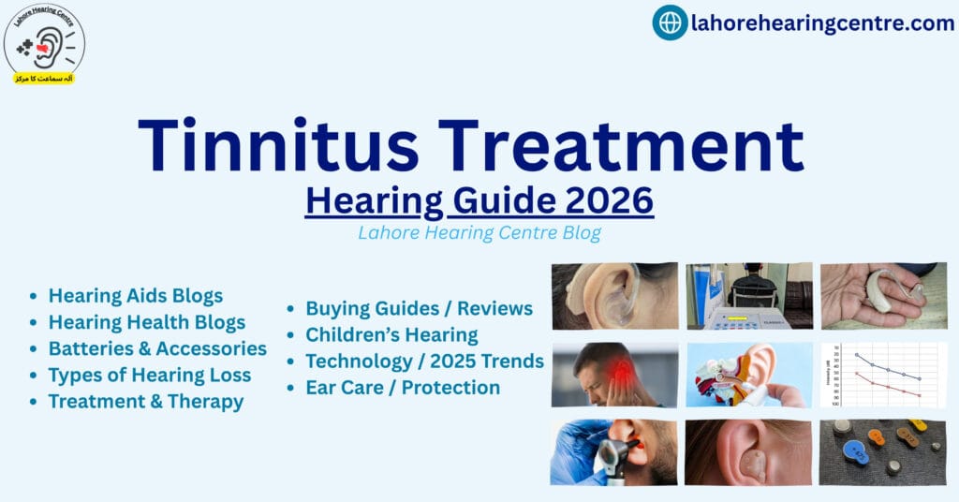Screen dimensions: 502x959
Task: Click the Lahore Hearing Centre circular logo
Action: tap(44, 43)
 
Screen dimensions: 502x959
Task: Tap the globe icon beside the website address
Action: tap(670, 22)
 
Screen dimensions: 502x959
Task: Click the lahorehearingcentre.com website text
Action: tap(822, 23)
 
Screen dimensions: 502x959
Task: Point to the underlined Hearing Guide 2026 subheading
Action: tap(479, 200)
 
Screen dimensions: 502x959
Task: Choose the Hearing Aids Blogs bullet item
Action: tap(136, 296)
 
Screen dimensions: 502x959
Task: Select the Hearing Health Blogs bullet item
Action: tap(147, 322)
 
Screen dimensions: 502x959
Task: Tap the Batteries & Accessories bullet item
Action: tap(157, 348)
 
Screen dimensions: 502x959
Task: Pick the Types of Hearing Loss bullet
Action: tap(150, 376)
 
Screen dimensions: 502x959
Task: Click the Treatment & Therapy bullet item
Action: tap(146, 402)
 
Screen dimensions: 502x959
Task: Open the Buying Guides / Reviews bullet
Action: tap(419, 308)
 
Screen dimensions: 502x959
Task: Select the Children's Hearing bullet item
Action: tap(391, 334)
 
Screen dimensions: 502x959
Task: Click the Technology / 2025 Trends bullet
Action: tap(424, 361)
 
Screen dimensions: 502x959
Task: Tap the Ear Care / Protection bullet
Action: tap(403, 387)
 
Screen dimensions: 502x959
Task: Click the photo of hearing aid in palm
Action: tap(883, 295)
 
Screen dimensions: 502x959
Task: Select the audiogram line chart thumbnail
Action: tap(883, 374)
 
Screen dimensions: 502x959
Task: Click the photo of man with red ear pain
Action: tap(613, 374)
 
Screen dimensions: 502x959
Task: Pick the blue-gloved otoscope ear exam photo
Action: tap(613, 451)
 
